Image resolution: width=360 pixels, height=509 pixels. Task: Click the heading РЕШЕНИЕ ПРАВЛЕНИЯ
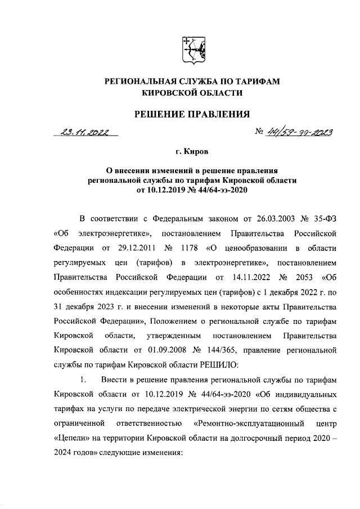(191, 115)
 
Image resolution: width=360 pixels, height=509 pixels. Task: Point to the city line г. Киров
(191, 152)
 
